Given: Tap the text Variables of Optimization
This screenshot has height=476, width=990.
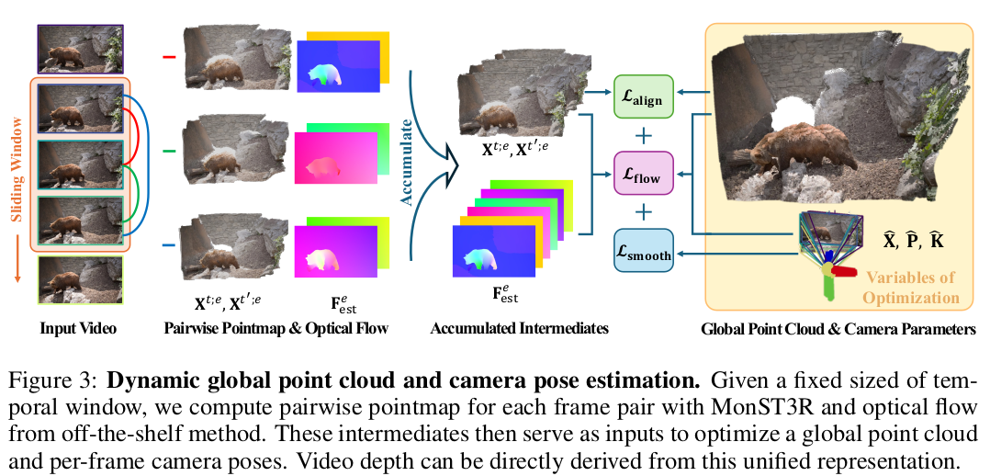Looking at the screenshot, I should (x=908, y=287).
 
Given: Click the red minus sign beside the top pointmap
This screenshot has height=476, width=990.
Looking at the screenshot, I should (x=168, y=57).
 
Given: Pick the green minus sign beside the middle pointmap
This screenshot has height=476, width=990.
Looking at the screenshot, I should (x=168, y=151).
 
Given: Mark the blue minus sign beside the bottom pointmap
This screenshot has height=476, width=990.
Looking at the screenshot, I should (x=168, y=245).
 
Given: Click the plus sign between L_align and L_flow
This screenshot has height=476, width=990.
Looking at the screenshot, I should (x=643, y=134).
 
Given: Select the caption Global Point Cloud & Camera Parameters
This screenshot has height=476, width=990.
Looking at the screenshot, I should (x=838, y=327).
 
